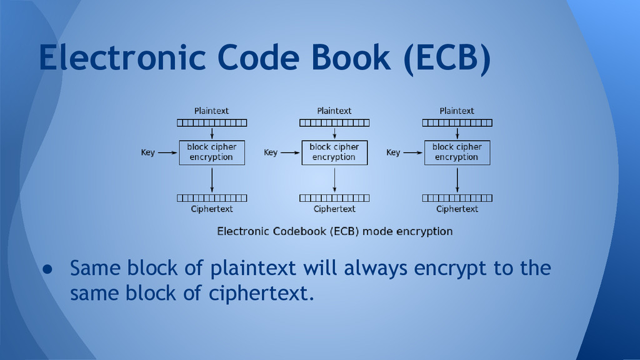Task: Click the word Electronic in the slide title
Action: [x=119, y=58]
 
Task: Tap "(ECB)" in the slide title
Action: [x=446, y=58]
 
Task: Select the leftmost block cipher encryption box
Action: [x=211, y=152]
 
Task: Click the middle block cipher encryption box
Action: [x=334, y=152]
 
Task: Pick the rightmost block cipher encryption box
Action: [x=457, y=152]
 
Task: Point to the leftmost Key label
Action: [x=147, y=152]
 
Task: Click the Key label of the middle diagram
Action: [x=271, y=152]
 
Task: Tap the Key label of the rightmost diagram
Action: [x=393, y=152]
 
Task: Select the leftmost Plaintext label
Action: [x=211, y=111]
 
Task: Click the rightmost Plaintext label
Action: [x=457, y=111]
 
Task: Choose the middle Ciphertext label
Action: [x=334, y=209]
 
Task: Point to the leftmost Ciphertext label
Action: [x=211, y=209]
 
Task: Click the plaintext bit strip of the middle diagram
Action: [x=334, y=122]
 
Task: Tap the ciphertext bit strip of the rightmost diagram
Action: [x=457, y=198]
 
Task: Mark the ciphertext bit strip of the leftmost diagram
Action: [x=211, y=198]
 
